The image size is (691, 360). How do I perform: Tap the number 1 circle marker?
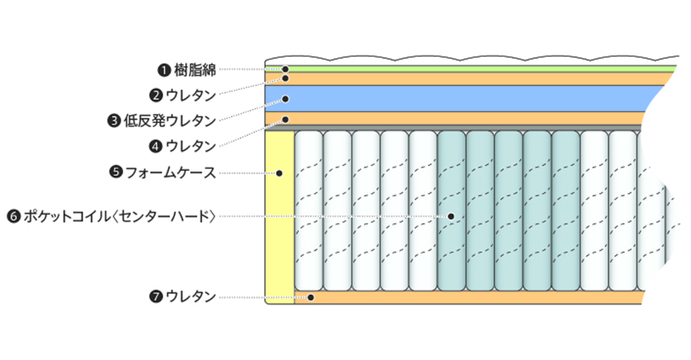pyautogui.click(x=163, y=70)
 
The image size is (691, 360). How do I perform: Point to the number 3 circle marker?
pyautogui.click(x=114, y=120)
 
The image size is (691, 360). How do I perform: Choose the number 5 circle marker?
pyautogui.click(x=115, y=172)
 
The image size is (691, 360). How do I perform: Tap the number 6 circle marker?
pyautogui.click(x=12, y=215)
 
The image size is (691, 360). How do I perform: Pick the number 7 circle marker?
pyautogui.click(x=155, y=297)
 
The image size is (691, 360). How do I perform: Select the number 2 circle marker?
pyautogui.click(x=155, y=94)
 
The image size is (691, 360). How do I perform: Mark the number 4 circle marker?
pyautogui.click(x=155, y=145)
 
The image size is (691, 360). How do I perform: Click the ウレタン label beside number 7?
pyautogui.click(x=191, y=297)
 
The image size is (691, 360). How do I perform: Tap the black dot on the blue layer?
pyautogui.click(x=285, y=99)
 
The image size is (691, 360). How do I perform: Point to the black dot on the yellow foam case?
pyautogui.click(x=280, y=173)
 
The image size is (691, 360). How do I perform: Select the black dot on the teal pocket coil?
pyautogui.click(x=451, y=216)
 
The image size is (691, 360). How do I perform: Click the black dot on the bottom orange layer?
pyautogui.click(x=311, y=297)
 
